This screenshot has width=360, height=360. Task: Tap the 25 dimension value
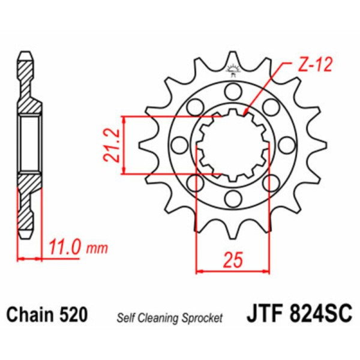233,260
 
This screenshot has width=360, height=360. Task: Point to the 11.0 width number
64,247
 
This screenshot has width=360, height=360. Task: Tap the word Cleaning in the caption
155,317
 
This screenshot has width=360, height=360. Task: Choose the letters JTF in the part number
263,314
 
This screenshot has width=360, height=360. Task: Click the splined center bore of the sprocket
232,145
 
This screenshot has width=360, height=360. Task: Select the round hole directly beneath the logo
232,91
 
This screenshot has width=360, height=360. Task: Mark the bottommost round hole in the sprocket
232,197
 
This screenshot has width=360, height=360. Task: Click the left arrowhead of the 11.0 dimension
20,259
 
